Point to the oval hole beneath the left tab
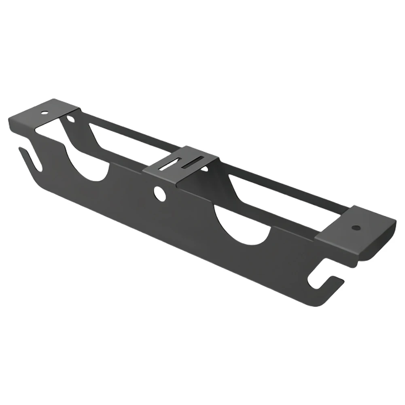click(x=71, y=119)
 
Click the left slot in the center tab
click(x=169, y=165)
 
